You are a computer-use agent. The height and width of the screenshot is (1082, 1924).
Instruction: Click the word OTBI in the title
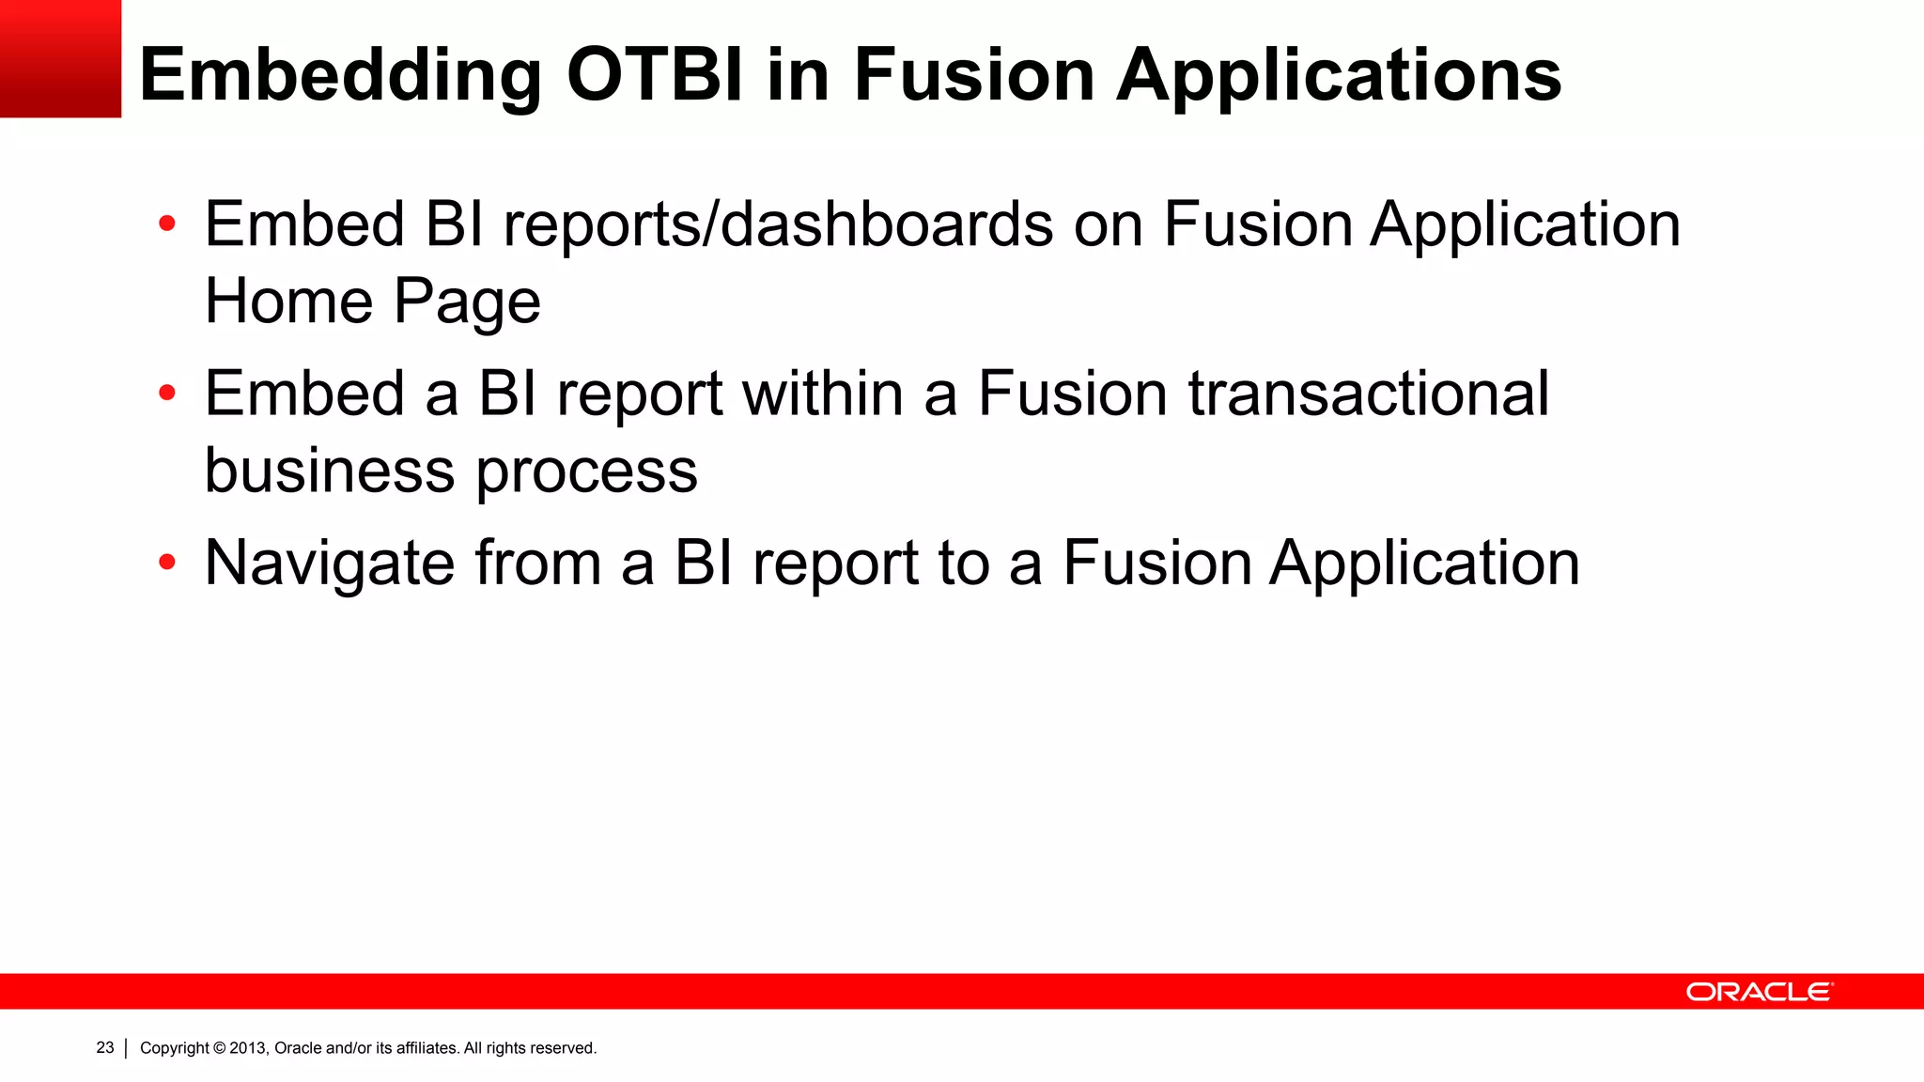[x=656, y=75]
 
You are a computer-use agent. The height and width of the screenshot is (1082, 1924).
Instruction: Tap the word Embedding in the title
[x=340, y=75]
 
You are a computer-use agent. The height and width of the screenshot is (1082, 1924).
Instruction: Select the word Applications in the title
[x=1339, y=75]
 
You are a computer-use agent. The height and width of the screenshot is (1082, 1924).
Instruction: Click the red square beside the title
[x=60, y=58]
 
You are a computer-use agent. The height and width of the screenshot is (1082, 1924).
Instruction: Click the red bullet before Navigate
[x=167, y=563]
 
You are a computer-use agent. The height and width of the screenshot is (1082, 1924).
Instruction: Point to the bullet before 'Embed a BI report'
[x=167, y=394]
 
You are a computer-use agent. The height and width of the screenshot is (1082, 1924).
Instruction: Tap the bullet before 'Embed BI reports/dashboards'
[x=167, y=224]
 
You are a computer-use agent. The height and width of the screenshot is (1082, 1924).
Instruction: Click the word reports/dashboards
[x=778, y=225]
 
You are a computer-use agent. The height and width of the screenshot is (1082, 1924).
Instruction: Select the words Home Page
[x=372, y=301]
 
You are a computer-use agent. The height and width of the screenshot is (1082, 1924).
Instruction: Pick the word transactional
[x=1368, y=394]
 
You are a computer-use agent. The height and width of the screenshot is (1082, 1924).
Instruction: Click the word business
[x=329, y=470]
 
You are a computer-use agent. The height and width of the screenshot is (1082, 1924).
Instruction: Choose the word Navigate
[x=329, y=564]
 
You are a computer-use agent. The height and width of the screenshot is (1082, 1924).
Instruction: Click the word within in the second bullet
[x=823, y=394]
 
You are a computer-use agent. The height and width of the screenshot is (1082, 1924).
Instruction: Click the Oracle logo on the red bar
[x=1759, y=992]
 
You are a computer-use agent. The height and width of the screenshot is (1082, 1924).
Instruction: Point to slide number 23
[x=105, y=1047]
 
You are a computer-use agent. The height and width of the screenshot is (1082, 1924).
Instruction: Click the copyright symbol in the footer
[x=220, y=1048]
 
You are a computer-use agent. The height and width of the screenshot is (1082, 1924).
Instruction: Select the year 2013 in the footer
[x=248, y=1048]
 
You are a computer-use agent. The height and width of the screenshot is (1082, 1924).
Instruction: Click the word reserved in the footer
[x=564, y=1048]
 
